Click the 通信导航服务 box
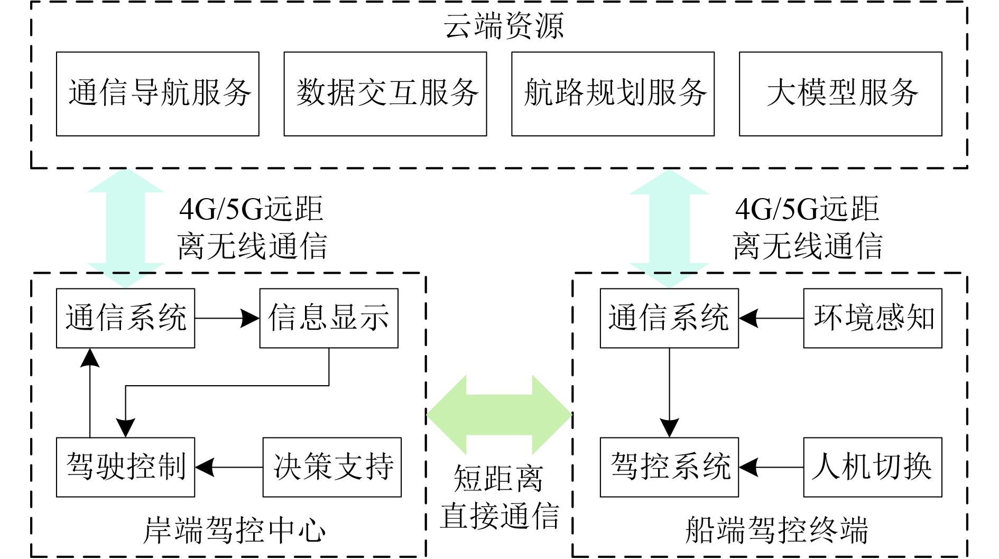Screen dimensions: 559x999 tap(158, 94)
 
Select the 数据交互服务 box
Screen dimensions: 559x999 tap(385, 94)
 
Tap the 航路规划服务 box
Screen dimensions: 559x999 tap(613, 94)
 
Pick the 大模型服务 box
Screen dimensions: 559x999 tap(840, 94)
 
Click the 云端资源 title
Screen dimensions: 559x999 tap(503, 25)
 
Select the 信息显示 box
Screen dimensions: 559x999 tap(329, 318)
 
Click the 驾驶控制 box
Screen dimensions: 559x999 tap(125, 467)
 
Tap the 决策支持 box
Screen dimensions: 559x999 tap(332, 467)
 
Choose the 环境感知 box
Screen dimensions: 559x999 tap(873, 318)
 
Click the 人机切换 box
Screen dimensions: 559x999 tap(873, 467)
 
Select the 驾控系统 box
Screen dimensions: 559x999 tap(669, 467)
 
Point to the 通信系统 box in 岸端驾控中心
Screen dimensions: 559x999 tap(125, 318)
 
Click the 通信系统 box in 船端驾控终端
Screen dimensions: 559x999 tap(669, 318)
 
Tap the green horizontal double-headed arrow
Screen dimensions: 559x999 tap(499, 415)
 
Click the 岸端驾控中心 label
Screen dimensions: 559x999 tap(234, 530)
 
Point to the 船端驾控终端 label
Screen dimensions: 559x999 tap(777, 530)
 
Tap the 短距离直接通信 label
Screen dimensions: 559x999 tap(499, 497)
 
